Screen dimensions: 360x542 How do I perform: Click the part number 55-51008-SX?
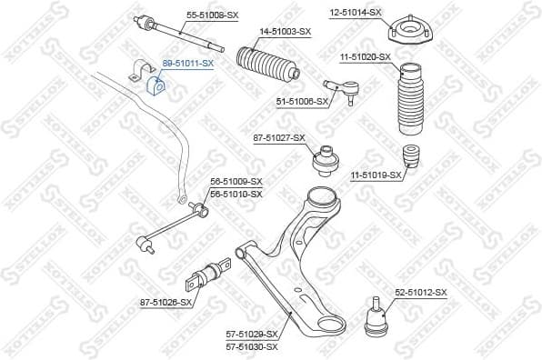(212, 15)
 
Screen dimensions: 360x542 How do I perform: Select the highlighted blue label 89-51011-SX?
(187, 64)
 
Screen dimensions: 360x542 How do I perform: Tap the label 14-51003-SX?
(285, 32)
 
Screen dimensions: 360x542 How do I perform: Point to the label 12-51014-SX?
(356, 12)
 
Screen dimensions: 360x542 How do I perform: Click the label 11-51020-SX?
(366, 56)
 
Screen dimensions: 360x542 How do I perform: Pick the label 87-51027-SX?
(280, 138)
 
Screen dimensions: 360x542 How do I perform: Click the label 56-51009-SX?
(236, 182)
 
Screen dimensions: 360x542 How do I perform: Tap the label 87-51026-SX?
(166, 302)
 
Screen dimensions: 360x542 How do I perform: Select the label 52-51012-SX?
(421, 292)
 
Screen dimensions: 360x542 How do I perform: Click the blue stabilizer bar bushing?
(155, 85)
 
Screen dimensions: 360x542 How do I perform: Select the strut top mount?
(408, 31)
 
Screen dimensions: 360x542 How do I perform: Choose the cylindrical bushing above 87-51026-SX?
(211, 272)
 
